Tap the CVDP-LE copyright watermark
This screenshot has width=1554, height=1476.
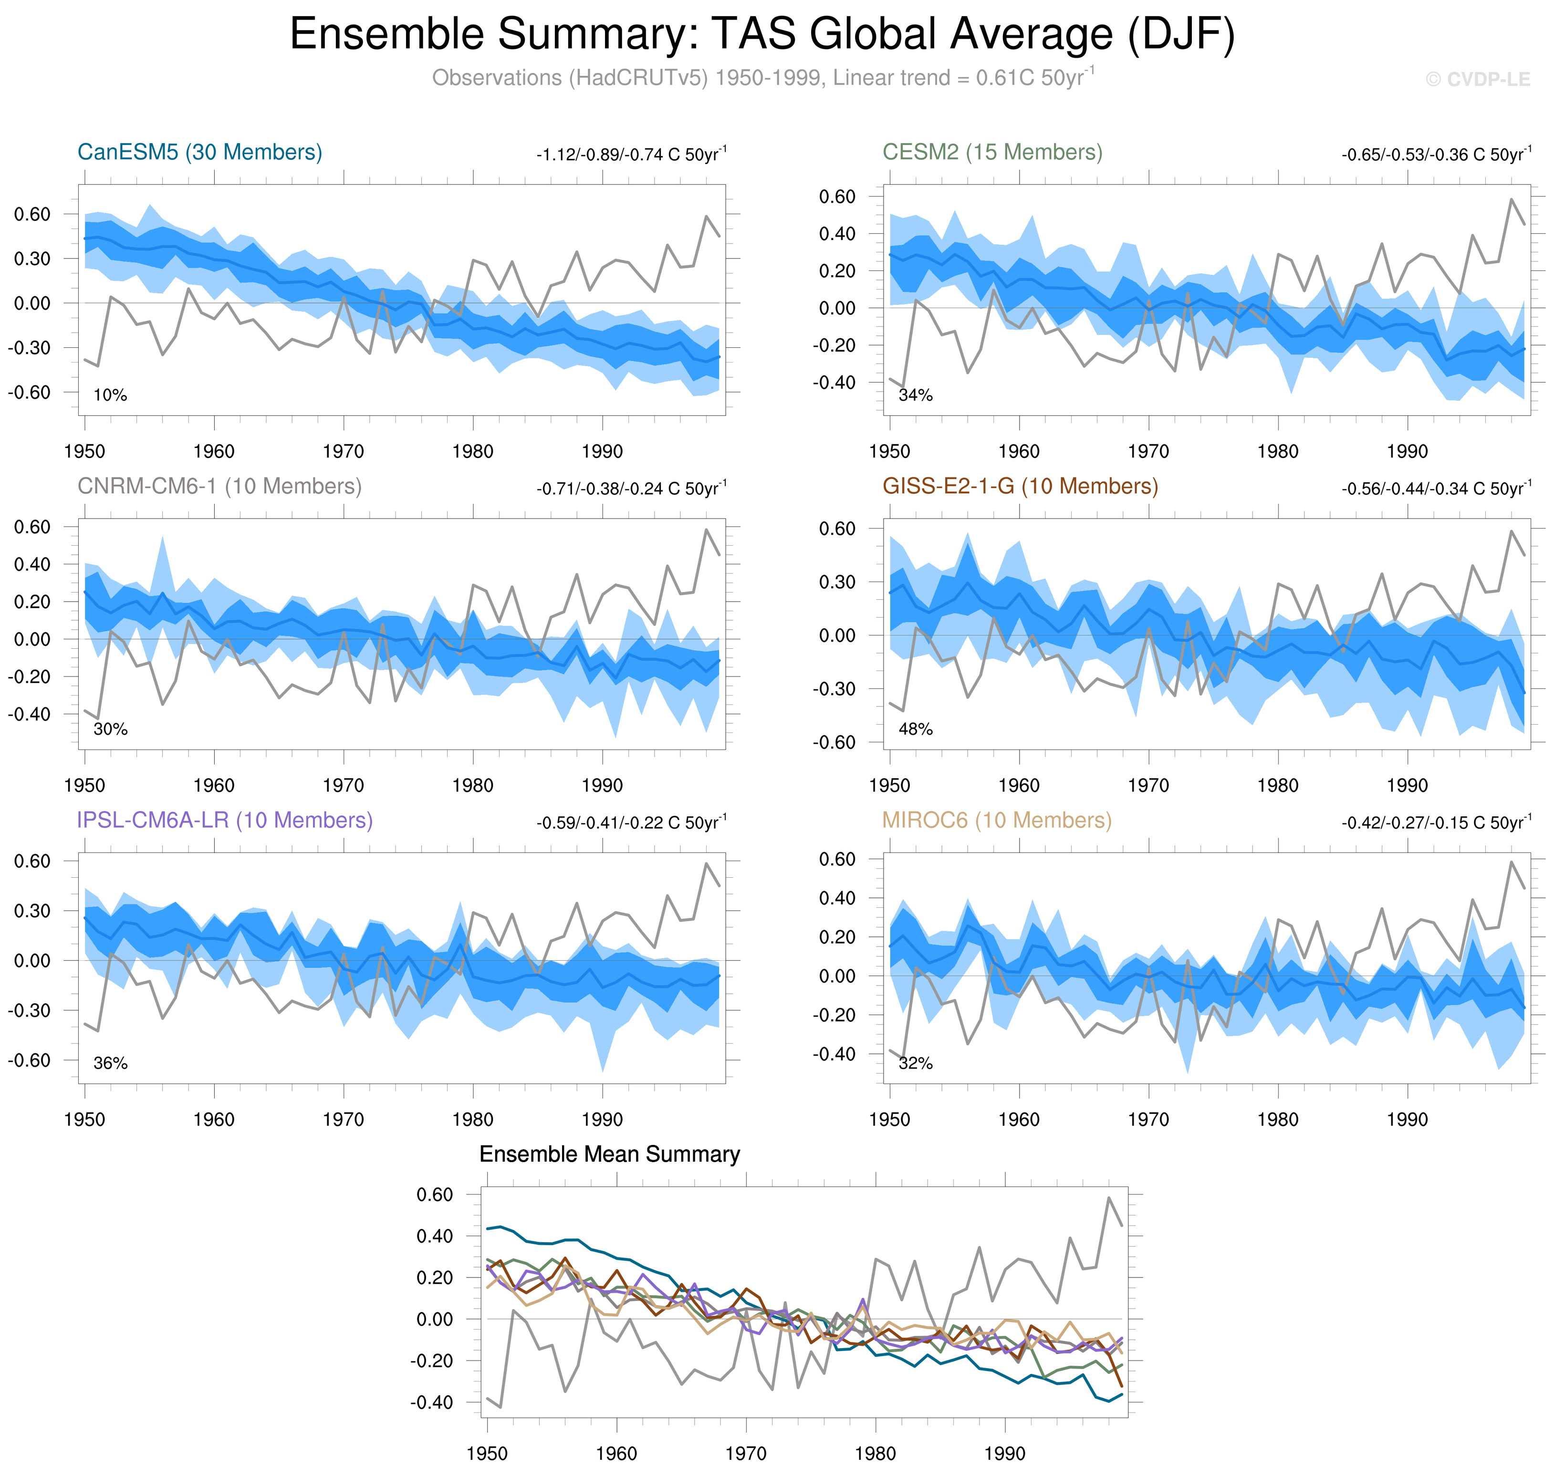click(x=1478, y=80)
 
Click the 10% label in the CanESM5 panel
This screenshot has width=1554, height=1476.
click(x=110, y=395)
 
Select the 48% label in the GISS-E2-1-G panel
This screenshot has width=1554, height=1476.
click(x=915, y=729)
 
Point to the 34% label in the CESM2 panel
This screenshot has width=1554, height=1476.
click(x=915, y=395)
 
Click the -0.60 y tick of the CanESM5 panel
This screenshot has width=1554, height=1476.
click(x=30, y=392)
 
